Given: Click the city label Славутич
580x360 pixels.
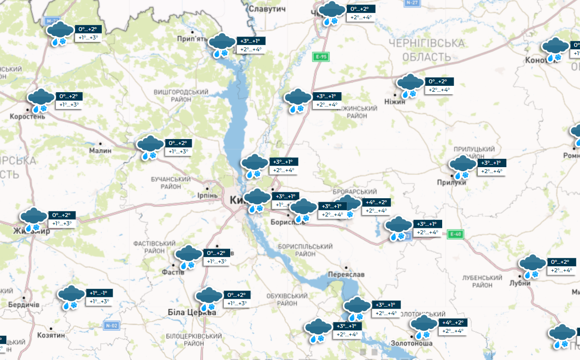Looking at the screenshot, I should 268,9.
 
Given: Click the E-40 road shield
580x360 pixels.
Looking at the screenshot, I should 455,234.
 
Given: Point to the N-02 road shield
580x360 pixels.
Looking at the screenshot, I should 112,325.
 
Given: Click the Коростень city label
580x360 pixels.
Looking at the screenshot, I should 28,117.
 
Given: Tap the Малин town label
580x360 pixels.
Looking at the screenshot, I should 100,151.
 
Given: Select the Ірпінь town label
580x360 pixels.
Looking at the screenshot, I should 207,195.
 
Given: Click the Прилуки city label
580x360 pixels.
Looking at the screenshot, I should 452,182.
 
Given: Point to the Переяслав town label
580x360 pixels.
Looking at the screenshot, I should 346,274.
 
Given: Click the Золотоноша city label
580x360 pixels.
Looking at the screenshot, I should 412,343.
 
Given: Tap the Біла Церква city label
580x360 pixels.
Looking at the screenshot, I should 192,313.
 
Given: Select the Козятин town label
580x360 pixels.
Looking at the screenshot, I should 51,335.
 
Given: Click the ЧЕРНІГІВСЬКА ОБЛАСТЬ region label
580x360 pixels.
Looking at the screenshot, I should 426,50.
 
